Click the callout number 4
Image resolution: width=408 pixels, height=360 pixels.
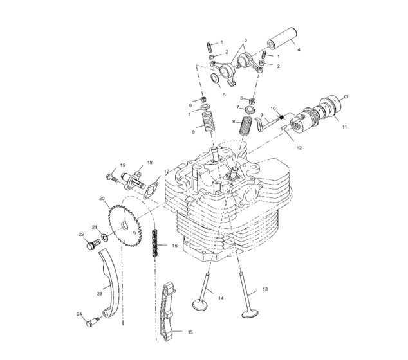click(298, 49)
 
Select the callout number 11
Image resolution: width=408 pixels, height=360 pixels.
click(344, 127)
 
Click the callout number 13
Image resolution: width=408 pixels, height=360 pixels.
click(265, 290)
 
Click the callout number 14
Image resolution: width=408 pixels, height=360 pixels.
click(221, 298)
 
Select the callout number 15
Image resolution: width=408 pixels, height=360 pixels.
click(189, 332)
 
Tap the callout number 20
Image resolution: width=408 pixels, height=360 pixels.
click(101, 199)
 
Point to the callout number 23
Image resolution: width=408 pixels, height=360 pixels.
click(100, 294)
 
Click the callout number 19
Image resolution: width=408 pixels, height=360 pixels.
click(121, 165)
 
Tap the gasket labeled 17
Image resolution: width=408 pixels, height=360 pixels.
click(151, 191)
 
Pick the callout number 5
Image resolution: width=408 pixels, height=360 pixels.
click(223, 94)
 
